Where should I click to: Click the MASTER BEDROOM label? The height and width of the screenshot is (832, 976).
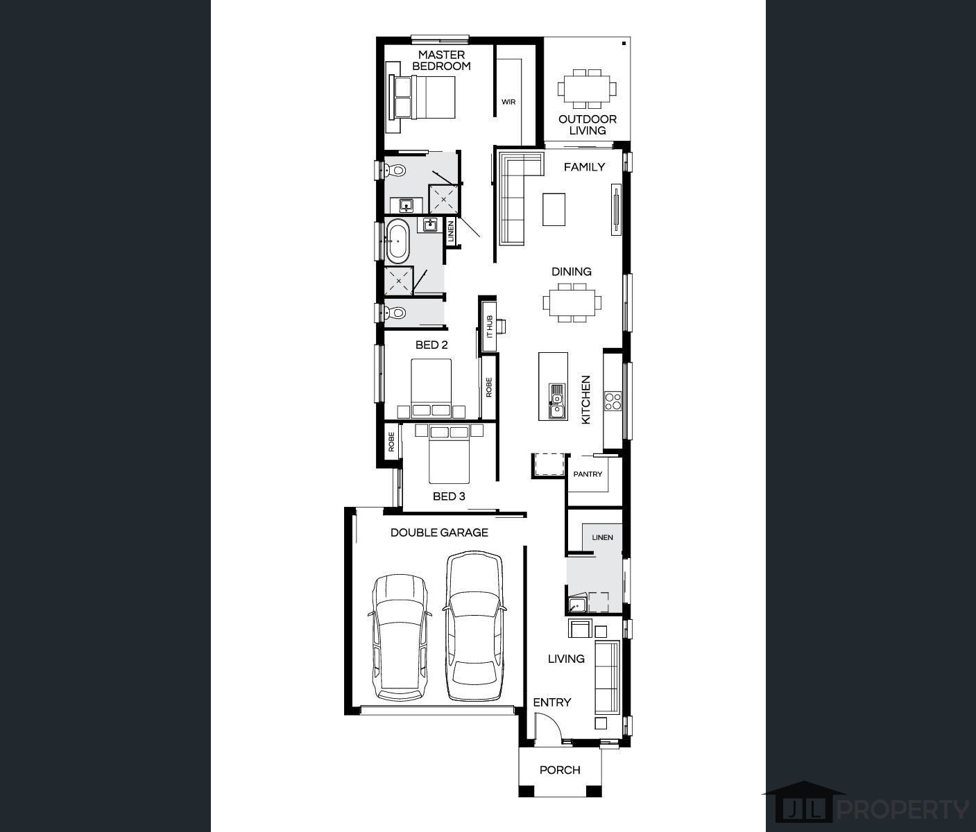(x=441, y=60)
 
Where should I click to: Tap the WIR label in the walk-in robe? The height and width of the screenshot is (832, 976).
(x=508, y=102)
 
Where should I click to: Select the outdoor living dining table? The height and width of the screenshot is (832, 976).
(x=587, y=89)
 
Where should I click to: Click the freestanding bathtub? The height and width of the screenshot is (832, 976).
(x=397, y=241)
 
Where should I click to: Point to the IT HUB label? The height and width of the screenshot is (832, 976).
(x=489, y=327)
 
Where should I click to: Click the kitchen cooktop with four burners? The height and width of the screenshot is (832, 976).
(x=613, y=401)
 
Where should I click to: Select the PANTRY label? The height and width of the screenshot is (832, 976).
(x=588, y=474)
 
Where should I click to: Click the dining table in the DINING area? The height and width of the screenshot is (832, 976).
(x=572, y=302)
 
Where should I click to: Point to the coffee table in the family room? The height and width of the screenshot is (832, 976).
(x=554, y=209)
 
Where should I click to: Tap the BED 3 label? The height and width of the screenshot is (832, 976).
(x=449, y=496)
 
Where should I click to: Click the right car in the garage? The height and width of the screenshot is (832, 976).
(x=474, y=626)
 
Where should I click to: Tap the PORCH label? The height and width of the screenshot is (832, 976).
(x=560, y=770)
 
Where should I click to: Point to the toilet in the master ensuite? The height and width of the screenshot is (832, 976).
(x=395, y=170)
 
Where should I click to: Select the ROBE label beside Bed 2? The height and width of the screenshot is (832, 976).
(x=489, y=387)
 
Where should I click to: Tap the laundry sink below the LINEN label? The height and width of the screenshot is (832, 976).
(x=577, y=604)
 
